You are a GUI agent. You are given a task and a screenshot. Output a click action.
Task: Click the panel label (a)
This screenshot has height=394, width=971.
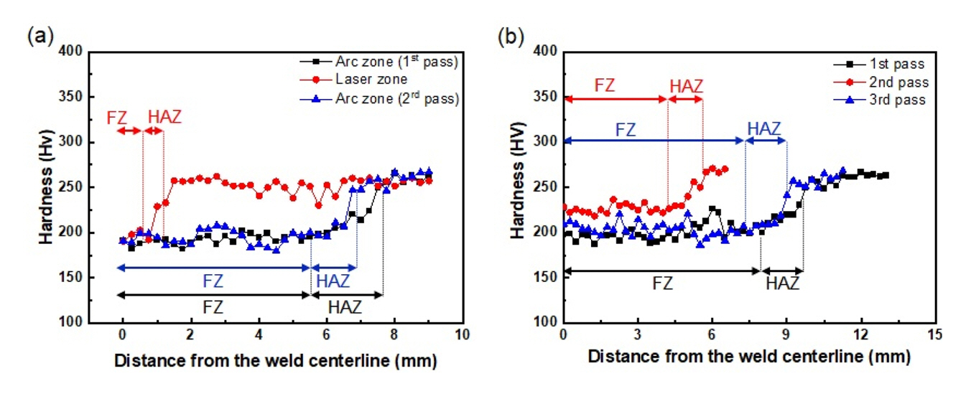point(37,35)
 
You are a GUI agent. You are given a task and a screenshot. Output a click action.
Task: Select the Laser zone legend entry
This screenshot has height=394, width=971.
point(371,80)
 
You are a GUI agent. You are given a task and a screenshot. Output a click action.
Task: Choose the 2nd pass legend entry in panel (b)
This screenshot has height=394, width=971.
point(897,83)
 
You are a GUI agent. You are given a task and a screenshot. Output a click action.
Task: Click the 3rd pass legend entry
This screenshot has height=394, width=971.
point(897,100)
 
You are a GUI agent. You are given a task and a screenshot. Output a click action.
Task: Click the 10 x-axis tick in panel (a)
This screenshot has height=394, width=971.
point(462,335)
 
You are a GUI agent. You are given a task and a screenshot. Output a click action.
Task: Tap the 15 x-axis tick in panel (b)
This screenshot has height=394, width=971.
point(934,335)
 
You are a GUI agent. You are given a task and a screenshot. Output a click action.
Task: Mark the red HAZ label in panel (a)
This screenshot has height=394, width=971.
point(164,116)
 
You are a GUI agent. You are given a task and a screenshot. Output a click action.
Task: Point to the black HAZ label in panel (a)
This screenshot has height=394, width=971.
point(345,307)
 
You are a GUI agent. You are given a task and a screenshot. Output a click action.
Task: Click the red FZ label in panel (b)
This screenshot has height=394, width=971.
point(605,85)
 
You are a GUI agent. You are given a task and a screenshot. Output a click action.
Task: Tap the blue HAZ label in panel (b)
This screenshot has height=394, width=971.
point(763,128)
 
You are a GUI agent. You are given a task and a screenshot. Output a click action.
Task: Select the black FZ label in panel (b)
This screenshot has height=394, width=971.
point(661,283)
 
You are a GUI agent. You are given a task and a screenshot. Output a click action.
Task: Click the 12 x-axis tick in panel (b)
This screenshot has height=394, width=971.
point(860,335)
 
